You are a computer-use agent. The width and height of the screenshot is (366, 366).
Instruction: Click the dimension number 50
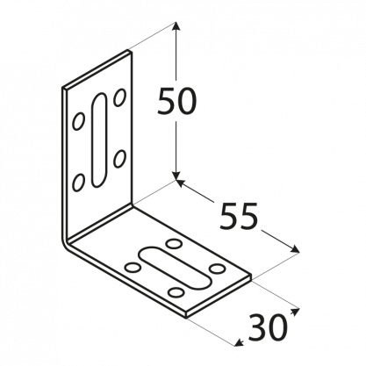[x=176, y=101]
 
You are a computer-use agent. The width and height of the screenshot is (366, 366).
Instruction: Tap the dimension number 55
[x=239, y=216]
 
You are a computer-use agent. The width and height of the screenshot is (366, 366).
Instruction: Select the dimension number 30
[x=268, y=327]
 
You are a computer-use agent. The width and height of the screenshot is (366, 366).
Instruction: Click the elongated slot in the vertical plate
[x=99, y=140]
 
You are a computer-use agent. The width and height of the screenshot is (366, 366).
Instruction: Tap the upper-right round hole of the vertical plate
[x=119, y=97]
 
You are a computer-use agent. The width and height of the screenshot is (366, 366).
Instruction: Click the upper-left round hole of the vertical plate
[x=78, y=121]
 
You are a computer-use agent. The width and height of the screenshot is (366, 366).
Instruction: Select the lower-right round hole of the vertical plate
[x=119, y=159]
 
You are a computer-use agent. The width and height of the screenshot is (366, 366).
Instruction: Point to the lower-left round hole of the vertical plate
[x=78, y=183]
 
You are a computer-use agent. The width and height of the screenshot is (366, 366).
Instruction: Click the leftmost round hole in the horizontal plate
[x=133, y=267]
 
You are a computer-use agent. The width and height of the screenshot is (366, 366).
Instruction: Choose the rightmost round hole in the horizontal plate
[x=219, y=268]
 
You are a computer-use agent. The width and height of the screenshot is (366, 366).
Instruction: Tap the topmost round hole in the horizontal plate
[x=174, y=243]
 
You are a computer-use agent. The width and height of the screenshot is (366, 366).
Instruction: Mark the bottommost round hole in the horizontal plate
[x=177, y=291]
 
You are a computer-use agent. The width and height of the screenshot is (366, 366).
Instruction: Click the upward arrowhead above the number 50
[x=176, y=27]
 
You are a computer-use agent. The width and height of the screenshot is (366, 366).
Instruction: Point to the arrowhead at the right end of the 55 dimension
[x=294, y=248]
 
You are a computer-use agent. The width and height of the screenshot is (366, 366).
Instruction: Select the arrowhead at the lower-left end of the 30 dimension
[x=240, y=342]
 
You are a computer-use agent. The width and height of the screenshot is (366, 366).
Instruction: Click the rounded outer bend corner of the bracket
[x=65, y=243]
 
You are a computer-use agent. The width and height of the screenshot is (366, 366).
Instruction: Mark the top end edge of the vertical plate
[x=97, y=69]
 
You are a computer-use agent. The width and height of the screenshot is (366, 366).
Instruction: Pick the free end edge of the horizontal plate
[x=219, y=296]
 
